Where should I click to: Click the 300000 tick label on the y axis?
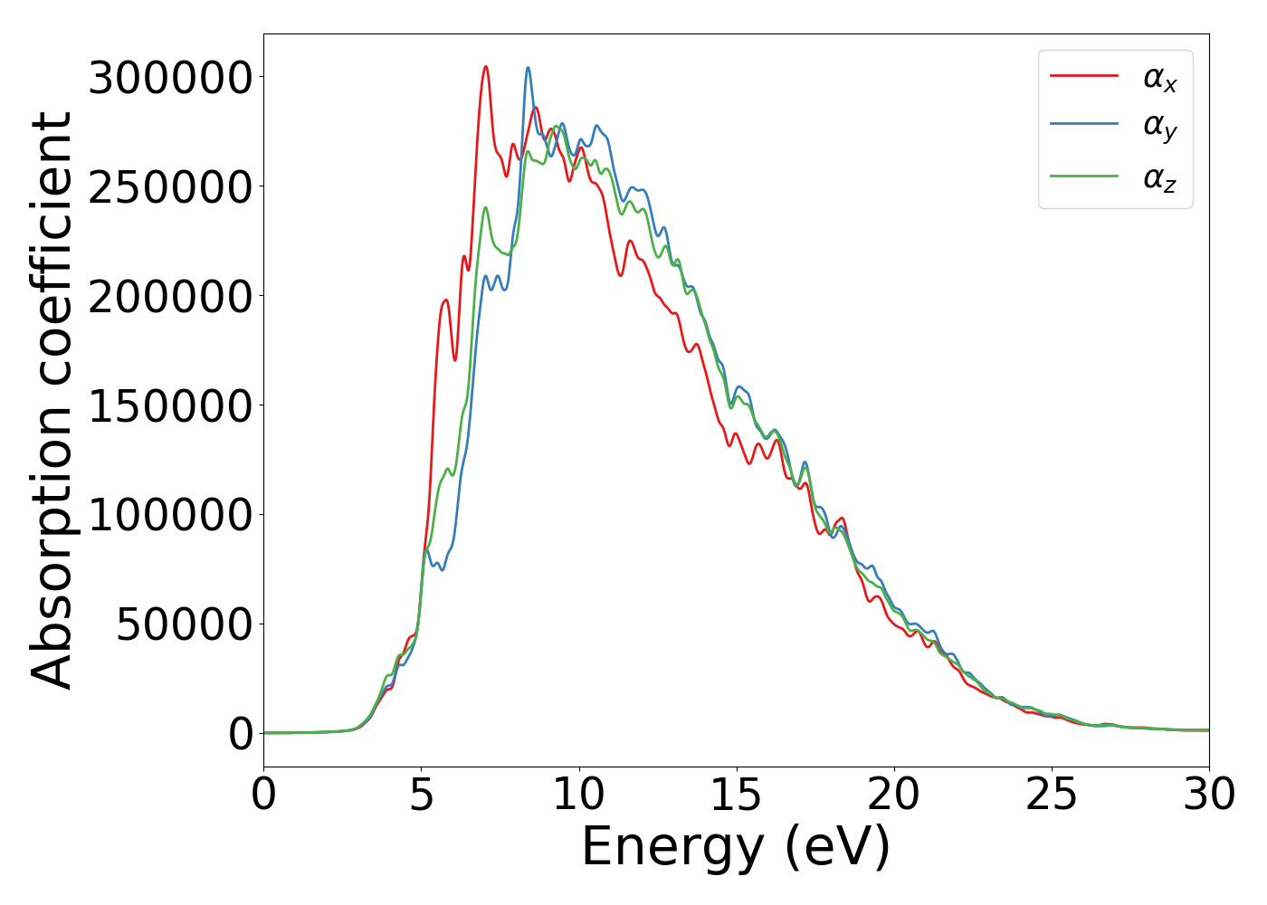tap(170, 78)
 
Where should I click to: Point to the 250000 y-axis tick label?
tap(170, 187)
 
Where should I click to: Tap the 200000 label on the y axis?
tap(170, 297)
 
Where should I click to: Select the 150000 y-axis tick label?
tap(170, 406)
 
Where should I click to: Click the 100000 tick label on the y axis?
tap(170, 516)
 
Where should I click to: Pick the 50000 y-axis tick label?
tap(184, 625)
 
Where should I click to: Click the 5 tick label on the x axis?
tap(422, 795)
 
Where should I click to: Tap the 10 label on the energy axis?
tap(579, 795)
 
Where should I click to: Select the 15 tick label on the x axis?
tap(737, 795)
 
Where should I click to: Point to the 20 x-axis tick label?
tap(894, 795)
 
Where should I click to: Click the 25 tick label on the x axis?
tap(1052, 795)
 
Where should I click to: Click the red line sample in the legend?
tap(1083, 77)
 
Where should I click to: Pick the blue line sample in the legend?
tap(1083, 127)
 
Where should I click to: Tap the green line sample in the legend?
tap(1083, 176)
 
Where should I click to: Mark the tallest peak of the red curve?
tap(486, 66)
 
